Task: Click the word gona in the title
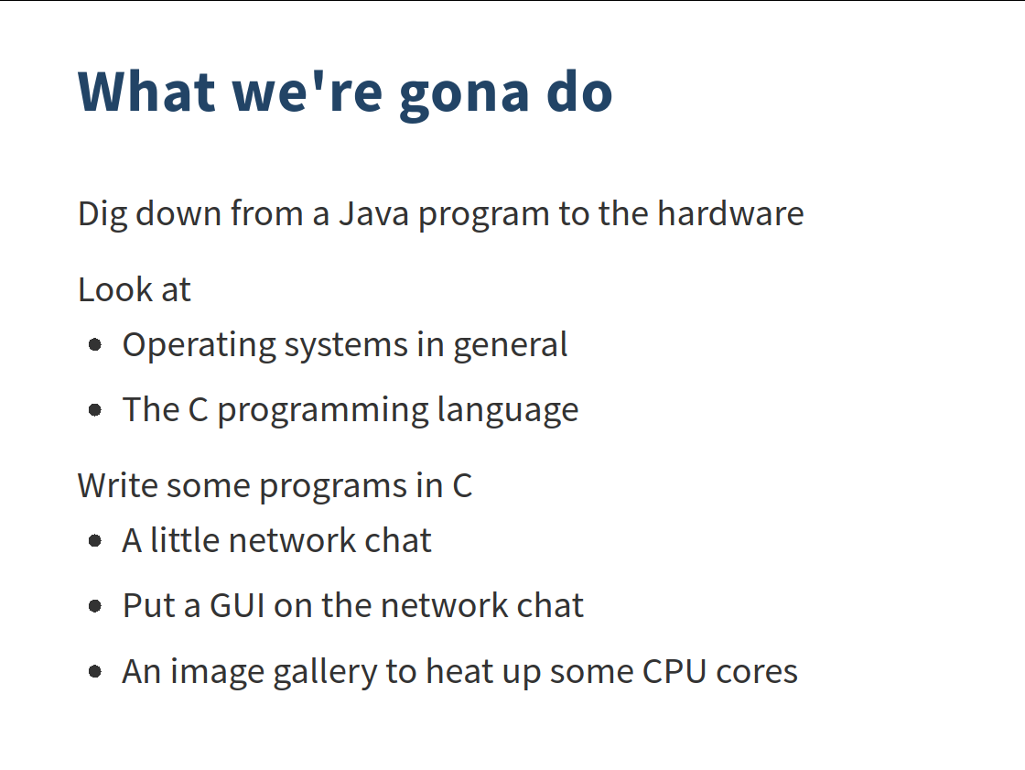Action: coord(463,95)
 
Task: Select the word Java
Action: coord(373,214)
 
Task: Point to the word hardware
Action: coord(730,213)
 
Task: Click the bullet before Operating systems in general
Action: coord(95,344)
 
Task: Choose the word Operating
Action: coord(200,346)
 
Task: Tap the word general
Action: coord(510,345)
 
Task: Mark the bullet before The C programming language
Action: coord(95,409)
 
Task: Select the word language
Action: coord(507,411)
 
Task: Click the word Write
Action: coord(118,485)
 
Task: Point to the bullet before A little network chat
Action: coord(95,540)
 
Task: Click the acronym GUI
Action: coord(237,606)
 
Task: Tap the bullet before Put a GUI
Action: coord(95,606)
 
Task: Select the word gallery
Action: coord(325,673)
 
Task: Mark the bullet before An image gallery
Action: coord(95,671)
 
